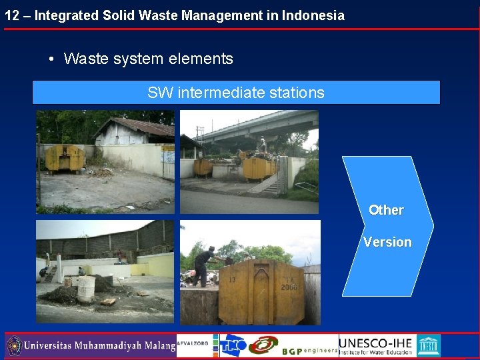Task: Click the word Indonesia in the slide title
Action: [313, 15]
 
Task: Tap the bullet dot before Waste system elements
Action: [51, 59]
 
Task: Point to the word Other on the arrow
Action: [386, 210]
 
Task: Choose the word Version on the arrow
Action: [387, 242]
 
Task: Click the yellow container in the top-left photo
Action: [65, 159]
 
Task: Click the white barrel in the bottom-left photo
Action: [86, 289]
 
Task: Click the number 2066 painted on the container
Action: [289, 286]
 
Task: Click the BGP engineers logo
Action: [309, 350]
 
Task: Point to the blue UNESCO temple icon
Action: [428, 345]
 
